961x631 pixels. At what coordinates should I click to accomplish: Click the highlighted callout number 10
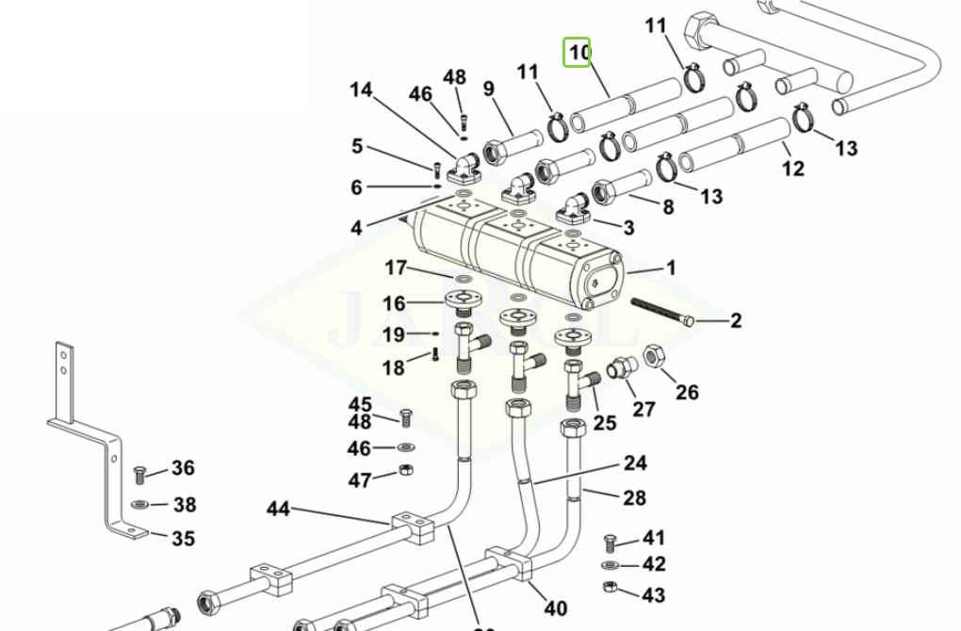(577, 53)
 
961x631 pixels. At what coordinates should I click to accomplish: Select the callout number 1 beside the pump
(671, 268)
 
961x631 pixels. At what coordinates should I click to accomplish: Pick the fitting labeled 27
(619, 370)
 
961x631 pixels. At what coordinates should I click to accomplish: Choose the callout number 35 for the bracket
(183, 538)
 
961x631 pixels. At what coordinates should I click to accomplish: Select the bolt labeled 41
(610, 543)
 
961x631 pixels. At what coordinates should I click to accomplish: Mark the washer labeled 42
(611, 565)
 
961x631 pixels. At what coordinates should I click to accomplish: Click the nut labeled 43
(611, 588)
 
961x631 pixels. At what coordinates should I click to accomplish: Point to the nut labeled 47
(404, 470)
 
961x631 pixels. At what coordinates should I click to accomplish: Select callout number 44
(278, 510)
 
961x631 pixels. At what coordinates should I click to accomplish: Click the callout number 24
(635, 463)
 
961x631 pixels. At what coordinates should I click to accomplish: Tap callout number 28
(635, 496)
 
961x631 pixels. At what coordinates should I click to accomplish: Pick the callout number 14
(361, 90)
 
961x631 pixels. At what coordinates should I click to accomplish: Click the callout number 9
(489, 89)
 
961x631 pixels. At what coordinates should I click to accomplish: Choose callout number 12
(793, 169)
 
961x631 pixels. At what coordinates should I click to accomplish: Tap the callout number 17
(395, 268)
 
